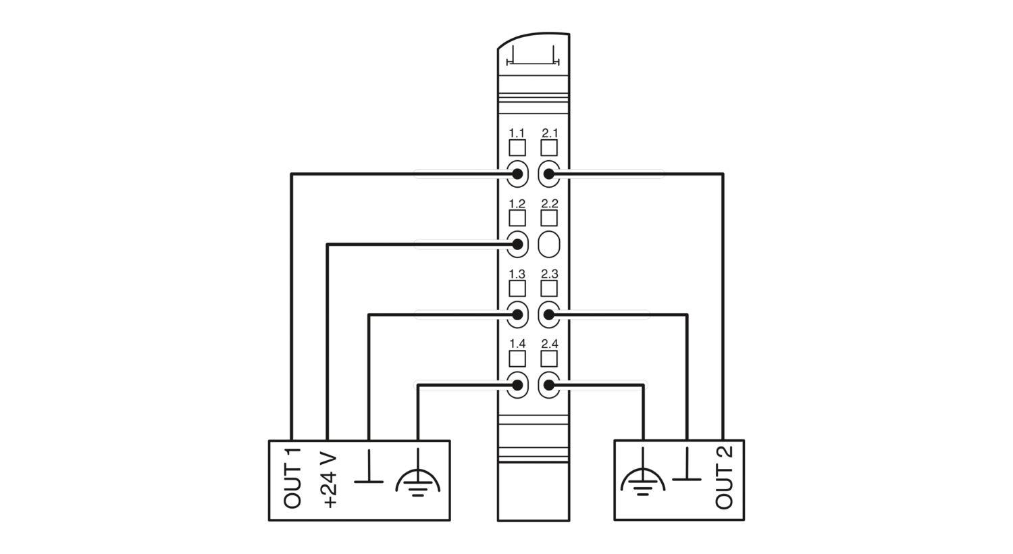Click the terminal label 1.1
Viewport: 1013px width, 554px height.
(517, 133)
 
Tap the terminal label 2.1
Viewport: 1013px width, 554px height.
(550, 133)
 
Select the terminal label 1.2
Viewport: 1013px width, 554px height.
(517, 203)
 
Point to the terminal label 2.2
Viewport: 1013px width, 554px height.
(550, 203)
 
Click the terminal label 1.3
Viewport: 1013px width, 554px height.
(517, 274)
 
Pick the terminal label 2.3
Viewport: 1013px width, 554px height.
(550, 274)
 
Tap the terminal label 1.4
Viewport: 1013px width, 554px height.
(517, 344)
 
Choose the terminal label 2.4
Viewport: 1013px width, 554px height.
(550, 344)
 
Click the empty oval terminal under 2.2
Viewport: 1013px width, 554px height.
(549, 244)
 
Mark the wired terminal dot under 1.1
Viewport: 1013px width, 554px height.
(517, 174)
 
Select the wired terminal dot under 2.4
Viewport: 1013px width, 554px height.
(548, 385)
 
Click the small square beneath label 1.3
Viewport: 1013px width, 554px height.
(517, 288)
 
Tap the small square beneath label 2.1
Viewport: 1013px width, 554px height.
(549, 148)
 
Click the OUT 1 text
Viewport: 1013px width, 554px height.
(292, 478)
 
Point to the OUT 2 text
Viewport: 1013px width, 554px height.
(724, 479)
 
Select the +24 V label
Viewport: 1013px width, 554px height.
(331, 481)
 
